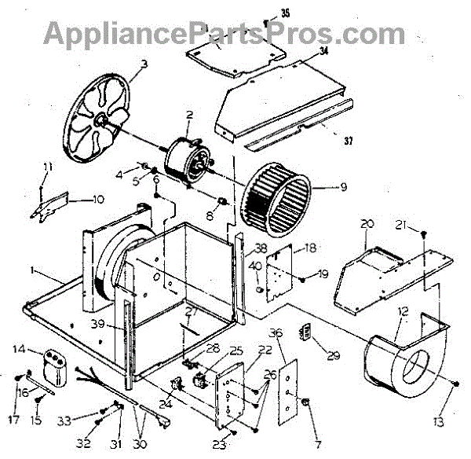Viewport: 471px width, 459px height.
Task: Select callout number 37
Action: pos(348,141)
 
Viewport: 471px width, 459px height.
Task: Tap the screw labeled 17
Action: pos(18,378)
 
